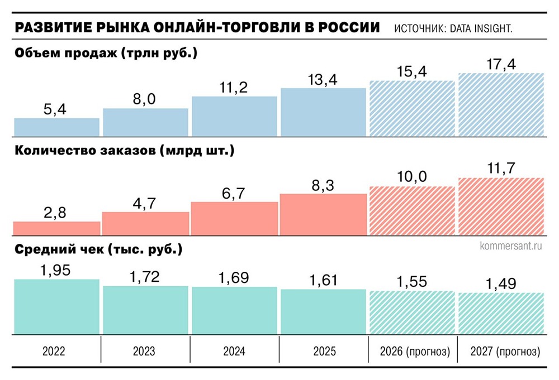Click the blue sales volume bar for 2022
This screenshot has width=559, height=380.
[x=56, y=127]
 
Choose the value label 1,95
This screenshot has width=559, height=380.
[x=56, y=270]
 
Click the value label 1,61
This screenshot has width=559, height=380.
[x=324, y=280]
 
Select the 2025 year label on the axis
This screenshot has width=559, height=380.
[x=324, y=352]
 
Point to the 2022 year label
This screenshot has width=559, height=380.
[x=56, y=352]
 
